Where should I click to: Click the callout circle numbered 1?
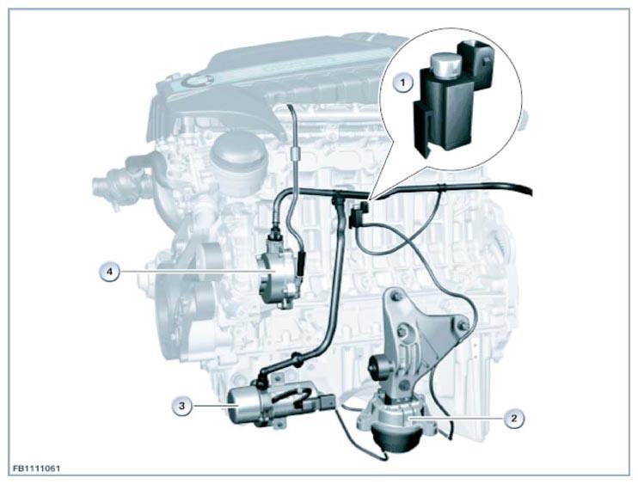(x=402, y=83)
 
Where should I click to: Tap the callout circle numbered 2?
(x=513, y=418)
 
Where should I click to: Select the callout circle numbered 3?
(x=181, y=406)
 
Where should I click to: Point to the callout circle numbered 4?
(x=109, y=271)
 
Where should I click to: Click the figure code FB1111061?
(x=37, y=469)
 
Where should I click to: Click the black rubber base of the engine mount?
(x=394, y=439)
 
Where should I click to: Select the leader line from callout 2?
(x=457, y=418)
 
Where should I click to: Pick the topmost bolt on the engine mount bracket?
(x=395, y=295)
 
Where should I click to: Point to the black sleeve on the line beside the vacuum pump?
(x=302, y=263)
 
